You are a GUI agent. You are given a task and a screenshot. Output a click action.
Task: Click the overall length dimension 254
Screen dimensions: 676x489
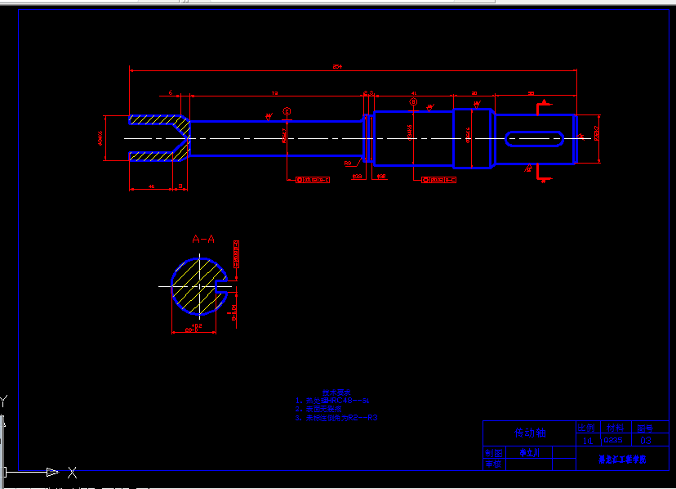tap(337, 66)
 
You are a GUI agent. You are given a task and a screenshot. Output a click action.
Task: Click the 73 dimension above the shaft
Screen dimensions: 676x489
tap(274, 93)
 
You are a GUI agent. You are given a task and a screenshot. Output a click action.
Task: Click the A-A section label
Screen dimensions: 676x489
tap(203, 240)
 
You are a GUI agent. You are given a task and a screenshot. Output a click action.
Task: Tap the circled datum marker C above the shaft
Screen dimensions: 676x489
tap(287, 111)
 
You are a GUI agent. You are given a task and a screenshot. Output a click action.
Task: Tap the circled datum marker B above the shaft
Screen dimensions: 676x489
tap(414, 103)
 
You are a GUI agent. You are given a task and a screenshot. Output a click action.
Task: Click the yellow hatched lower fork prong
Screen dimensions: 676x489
tap(155, 155)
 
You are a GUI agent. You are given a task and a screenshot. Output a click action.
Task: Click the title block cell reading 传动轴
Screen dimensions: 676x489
tap(529, 433)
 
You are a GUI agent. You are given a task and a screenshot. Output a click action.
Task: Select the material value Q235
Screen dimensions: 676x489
tap(612, 441)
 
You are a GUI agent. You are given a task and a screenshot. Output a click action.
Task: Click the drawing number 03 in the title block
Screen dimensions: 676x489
tap(646, 441)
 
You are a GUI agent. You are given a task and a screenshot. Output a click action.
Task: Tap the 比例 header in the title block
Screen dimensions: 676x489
tap(586, 428)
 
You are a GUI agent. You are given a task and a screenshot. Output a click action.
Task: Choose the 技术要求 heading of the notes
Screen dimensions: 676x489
tap(335, 393)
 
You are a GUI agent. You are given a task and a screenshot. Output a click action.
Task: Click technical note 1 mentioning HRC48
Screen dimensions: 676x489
tap(335, 402)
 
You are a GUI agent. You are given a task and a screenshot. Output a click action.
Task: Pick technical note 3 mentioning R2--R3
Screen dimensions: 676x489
tap(336, 418)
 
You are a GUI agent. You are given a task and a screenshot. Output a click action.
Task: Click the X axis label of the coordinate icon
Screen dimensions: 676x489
tap(72, 472)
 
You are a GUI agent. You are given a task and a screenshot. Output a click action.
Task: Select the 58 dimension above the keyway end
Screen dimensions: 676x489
tap(531, 93)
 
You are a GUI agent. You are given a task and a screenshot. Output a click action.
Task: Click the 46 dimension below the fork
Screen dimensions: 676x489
tap(151, 186)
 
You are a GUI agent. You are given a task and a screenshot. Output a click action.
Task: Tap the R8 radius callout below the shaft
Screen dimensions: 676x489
tap(348, 164)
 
